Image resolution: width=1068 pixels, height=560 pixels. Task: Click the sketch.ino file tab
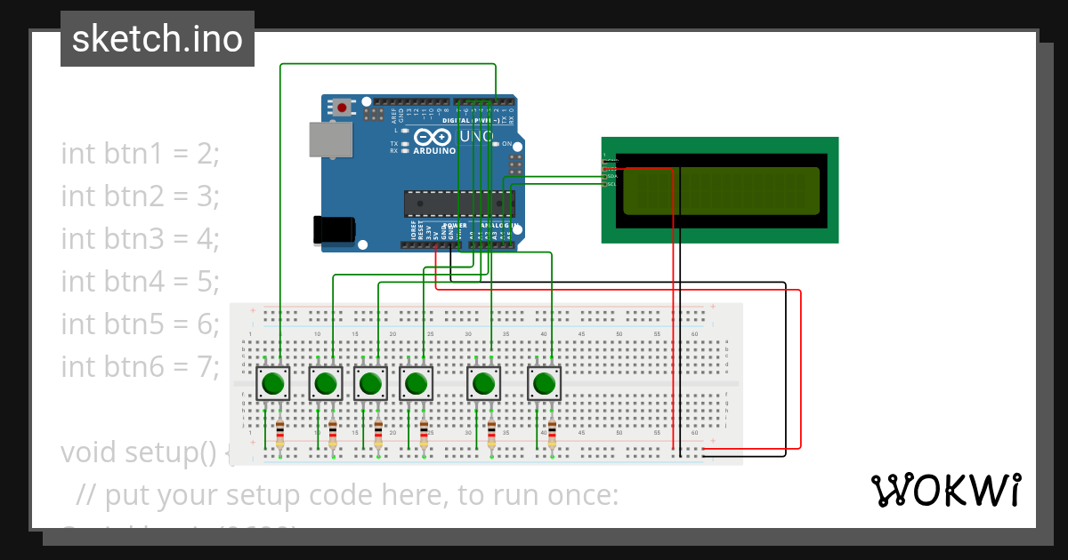click(158, 39)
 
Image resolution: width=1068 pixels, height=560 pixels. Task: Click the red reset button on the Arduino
click(342, 108)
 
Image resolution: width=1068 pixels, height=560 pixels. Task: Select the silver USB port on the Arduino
click(330, 141)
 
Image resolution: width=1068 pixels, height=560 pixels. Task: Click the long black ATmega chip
click(458, 204)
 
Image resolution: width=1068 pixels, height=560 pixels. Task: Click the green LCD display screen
click(720, 191)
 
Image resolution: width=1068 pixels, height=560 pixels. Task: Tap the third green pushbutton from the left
click(371, 384)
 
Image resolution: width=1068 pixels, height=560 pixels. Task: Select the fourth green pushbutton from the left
click(416, 384)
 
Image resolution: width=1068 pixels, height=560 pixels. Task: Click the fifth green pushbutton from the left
click(484, 384)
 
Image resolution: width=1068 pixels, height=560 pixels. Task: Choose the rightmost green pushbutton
click(545, 384)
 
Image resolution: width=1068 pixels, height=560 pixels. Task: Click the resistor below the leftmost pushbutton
click(280, 435)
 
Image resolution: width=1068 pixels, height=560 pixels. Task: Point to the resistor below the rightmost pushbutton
click(552, 435)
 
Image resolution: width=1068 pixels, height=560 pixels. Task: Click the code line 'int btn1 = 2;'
click(140, 153)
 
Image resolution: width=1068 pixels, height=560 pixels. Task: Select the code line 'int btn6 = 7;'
click(140, 366)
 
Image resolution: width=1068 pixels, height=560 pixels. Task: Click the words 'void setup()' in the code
click(138, 452)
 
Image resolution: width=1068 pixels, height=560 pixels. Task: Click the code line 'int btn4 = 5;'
click(140, 281)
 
